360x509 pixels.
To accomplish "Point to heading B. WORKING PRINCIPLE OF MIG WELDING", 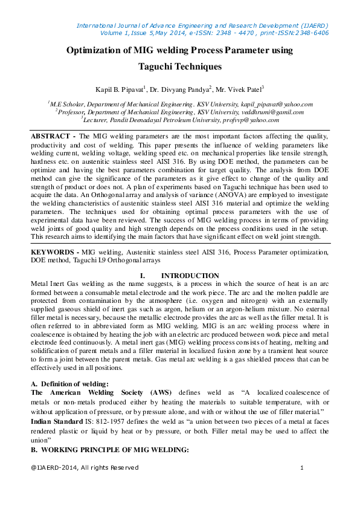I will pos(110,450).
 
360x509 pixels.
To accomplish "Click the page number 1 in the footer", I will pos(301,468).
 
